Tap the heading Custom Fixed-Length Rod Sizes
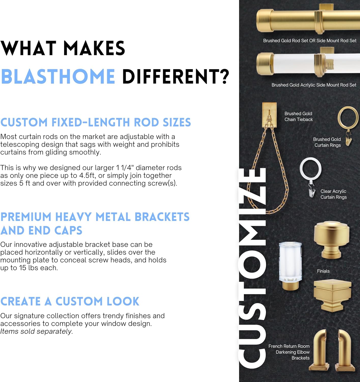click(x=96, y=122)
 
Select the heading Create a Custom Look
click(x=70, y=301)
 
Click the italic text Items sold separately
click(x=36, y=331)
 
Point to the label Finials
click(x=323, y=271)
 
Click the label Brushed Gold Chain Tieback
click(x=298, y=117)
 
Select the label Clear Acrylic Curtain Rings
click(x=333, y=194)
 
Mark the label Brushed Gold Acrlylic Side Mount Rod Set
click(x=314, y=85)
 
